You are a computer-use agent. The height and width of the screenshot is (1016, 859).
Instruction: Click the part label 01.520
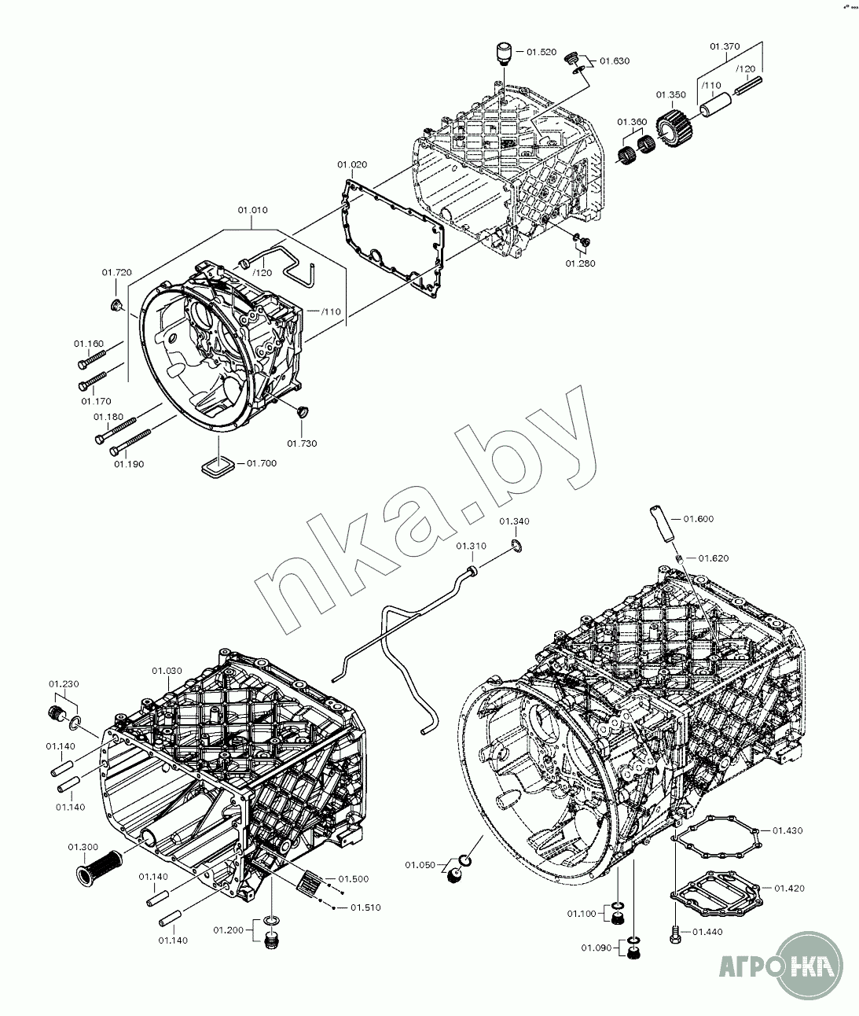tap(541, 52)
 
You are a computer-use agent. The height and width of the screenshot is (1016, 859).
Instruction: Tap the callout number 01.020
tap(352, 164)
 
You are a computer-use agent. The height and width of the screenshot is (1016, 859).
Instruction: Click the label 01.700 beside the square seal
tap(262, 463)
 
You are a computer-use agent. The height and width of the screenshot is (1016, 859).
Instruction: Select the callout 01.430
tap(787, 830)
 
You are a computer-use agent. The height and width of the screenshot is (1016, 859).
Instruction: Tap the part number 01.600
tap(699, 518)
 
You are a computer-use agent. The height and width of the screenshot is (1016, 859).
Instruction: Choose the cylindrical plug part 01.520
tap(503, 53)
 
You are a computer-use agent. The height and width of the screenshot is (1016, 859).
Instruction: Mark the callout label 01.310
tap(471, 546)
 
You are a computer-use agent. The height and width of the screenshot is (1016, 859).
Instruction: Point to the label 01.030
tap(167, 671)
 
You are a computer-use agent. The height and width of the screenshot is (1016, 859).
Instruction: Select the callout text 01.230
tap(64, 683)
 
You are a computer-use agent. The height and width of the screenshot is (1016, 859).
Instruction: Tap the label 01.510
tap(366, 907)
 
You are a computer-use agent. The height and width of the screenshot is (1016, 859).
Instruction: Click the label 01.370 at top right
tap(725, 46)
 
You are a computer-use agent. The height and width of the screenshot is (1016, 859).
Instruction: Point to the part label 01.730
tap(302, 444)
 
